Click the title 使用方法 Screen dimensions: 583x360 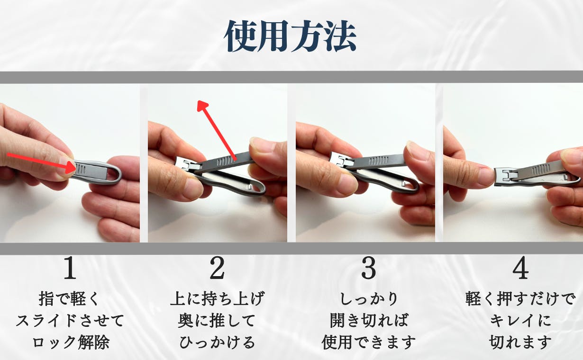(x=290, y=36)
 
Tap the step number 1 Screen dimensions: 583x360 (x=70, y=268)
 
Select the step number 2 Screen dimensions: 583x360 (x=217, y=268)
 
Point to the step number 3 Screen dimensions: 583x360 (x=369, y=268)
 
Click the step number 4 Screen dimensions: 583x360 (x=520, y=268)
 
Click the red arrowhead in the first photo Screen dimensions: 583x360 (x=71, y=167)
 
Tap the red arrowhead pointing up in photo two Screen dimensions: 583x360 (x=202, y=106)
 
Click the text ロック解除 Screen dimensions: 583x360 (x=71, y=342)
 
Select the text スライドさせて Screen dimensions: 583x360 (x=70, y=321)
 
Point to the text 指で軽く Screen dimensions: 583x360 (x=69, y=298)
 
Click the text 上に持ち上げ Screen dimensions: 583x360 (x=217, y=298)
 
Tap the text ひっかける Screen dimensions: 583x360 (x=217, y=342)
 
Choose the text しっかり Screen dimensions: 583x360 (x=369, y=298)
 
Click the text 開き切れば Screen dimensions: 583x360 (x=369, y=321)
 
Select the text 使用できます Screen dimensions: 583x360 (x=369, y=342)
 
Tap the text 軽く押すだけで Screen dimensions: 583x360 (x=520, y=298)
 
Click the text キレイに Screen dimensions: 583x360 (x=520, y=321)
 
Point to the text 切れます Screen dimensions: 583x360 (x=520, y=342)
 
